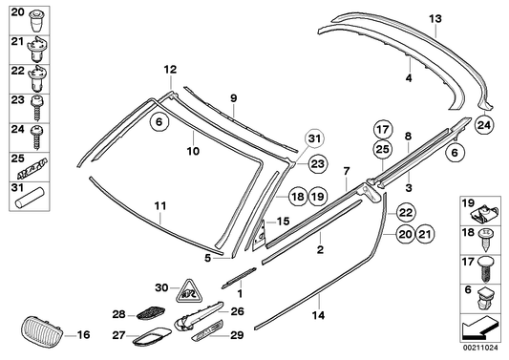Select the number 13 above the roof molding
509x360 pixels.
pos(435,18)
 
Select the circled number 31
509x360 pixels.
pos(315,141)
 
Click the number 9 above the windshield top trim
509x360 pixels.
pos(233,96)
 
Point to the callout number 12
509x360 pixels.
pos(170,69)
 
